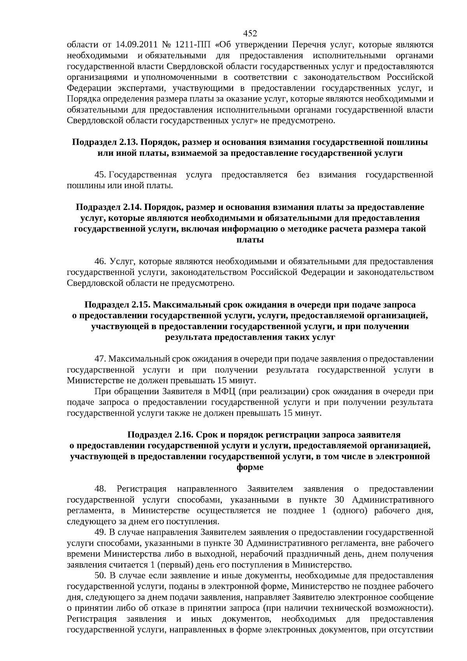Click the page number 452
tap(250, 33)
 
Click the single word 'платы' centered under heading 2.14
tap(250, 240)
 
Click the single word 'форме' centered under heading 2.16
tap(250, 467)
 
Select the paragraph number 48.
tap(101, 489)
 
